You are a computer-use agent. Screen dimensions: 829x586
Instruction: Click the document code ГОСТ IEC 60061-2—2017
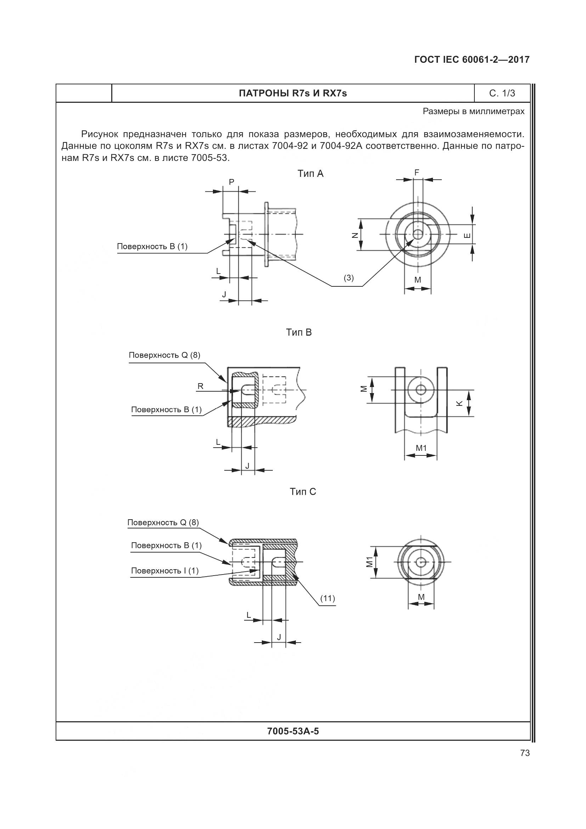coord(472,60)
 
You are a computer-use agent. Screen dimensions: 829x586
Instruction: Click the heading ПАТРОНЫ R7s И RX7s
coord(293,94)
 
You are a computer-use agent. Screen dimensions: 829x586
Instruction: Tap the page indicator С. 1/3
coord(502,94)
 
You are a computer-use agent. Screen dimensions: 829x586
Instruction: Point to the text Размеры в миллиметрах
coord(473,112)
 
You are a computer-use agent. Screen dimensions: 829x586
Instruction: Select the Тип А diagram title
coord(310,174)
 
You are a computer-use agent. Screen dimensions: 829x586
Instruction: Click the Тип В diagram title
coord(299,332)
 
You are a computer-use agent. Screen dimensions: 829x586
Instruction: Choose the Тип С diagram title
coord(303,492)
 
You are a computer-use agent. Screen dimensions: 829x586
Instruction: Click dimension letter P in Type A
coord(231,182)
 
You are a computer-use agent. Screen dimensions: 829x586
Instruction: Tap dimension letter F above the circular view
coord(417,173)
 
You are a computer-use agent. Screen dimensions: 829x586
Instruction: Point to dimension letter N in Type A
coord(355,235)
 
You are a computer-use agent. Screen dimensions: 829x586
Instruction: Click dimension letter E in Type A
coord(467,235)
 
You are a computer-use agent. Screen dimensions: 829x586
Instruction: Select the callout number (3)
coord(349,278)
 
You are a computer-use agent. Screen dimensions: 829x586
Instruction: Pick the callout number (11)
coord(328,598)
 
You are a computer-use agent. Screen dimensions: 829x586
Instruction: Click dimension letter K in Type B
coord(460,404)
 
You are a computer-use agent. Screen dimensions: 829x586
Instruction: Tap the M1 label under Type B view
coord(421,448)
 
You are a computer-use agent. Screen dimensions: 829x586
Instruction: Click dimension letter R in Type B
coord(200,386)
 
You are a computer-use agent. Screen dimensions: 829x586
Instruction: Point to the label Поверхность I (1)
coord(164,571)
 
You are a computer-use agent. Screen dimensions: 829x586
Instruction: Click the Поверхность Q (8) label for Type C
coord(163,523)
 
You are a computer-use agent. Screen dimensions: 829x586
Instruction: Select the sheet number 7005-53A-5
coord(293,731)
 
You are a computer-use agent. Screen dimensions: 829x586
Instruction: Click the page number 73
coord(525,753)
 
